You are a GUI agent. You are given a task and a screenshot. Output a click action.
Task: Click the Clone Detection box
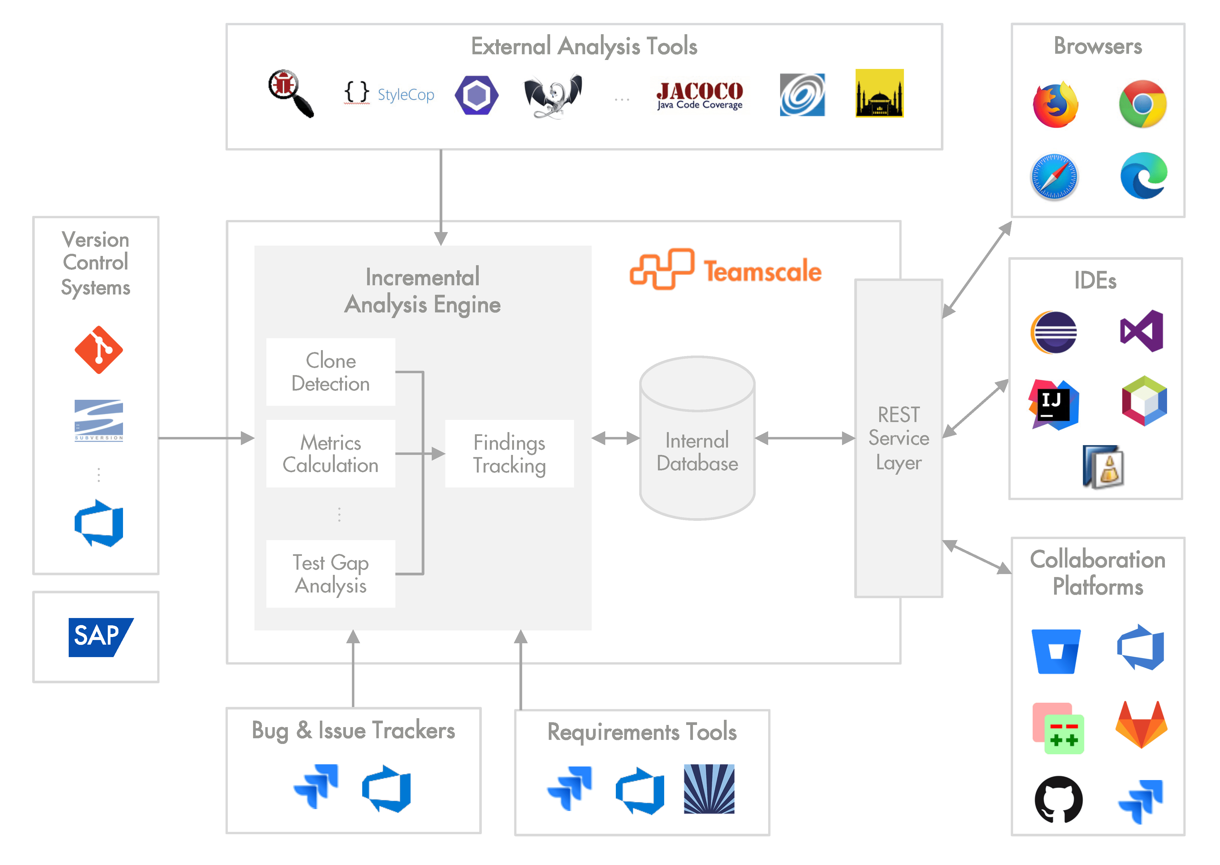coord(330,372)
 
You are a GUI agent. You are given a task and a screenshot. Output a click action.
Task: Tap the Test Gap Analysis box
coord(330,574)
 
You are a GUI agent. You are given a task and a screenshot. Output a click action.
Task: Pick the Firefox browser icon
coord(1055,104)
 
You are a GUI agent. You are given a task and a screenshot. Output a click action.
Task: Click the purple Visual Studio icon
coord(1142,331)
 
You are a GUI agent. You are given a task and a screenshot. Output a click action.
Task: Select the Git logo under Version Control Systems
coord(99,350)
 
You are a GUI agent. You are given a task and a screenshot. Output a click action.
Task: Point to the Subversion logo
coord(99,420)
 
